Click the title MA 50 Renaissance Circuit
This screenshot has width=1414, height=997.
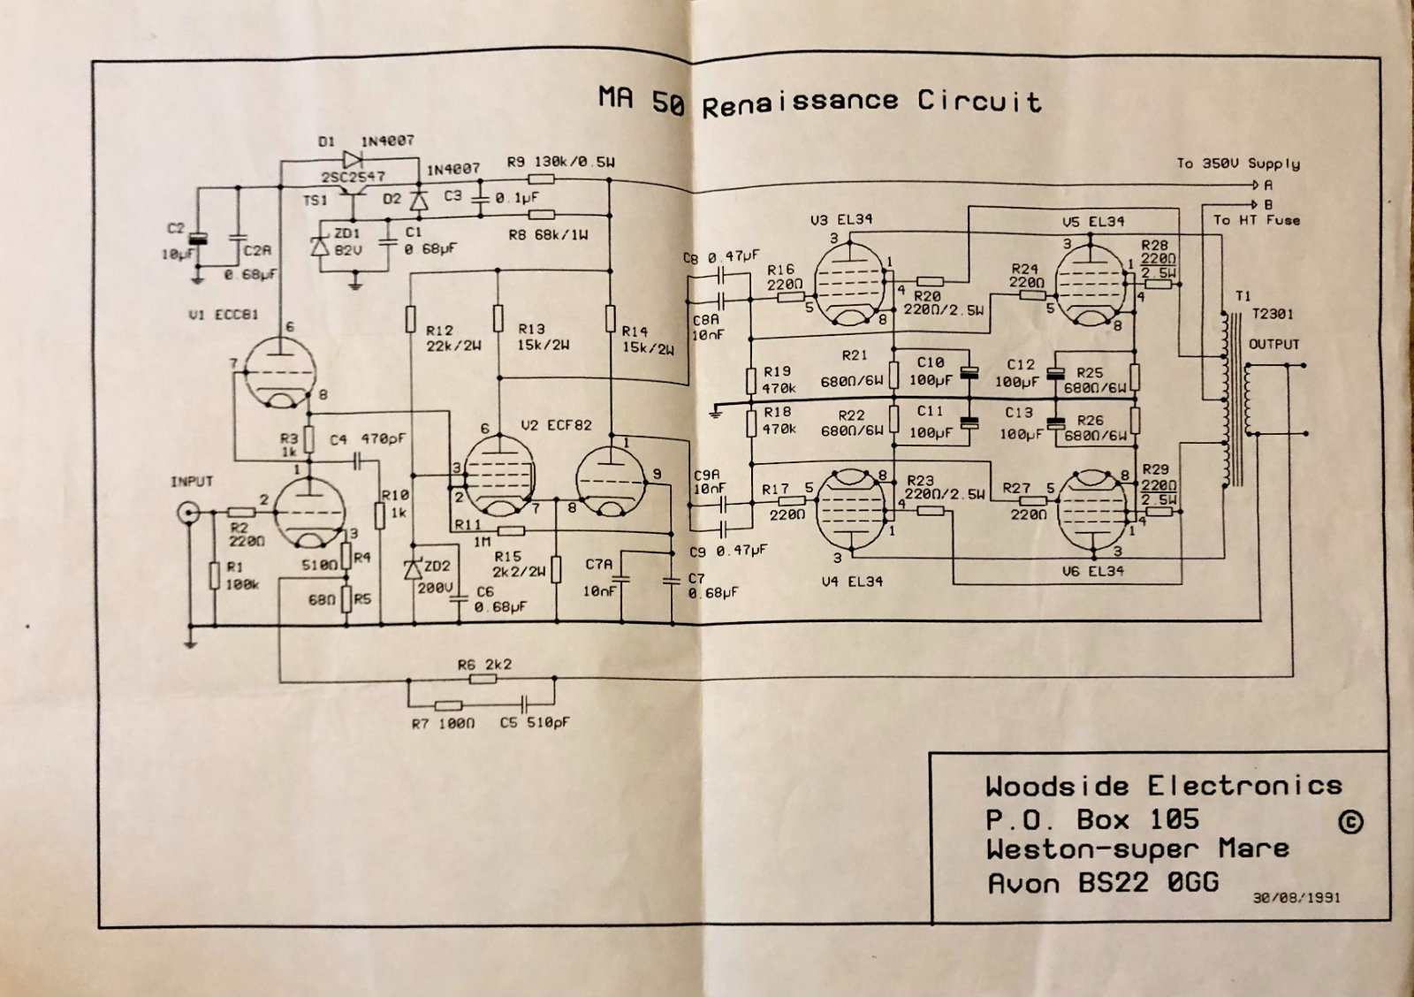[x=819, y=101]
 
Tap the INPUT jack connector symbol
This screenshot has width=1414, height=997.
[x=187, y=512]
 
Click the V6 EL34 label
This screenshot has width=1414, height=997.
[x=1092, y=572]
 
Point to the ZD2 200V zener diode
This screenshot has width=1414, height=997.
[x=413, y=570]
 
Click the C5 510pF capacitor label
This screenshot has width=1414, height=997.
[x=534, y=723]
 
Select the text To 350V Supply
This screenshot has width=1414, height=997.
[x=1237, y=164]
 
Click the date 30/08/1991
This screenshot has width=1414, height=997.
[x=1296, y=897]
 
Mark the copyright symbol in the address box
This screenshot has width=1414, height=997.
[x=1350, y=822]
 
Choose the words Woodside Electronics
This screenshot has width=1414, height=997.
[x=1163, y=786]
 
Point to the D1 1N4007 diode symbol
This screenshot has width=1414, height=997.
[x=353, y=160]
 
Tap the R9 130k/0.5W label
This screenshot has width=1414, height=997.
[x=560, y=163]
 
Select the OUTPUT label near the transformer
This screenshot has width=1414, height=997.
[x=1273, y=344]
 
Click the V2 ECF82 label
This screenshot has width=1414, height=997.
[x=556, y=425]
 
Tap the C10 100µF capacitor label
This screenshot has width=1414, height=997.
[x=929, y=371]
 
